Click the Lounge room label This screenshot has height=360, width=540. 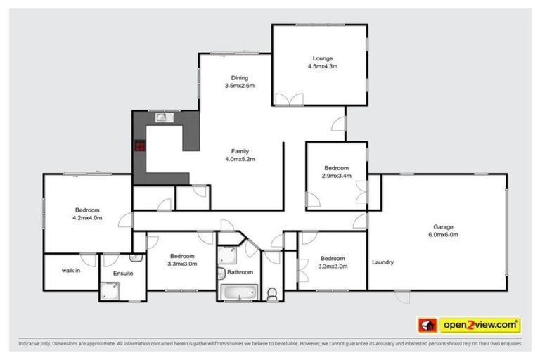pyautogui.click(x=323, y=58)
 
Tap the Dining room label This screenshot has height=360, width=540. pyautogui.click(x=239, y=78)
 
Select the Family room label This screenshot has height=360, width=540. pyautogui.click(x=240, y=151)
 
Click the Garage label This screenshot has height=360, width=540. pyautogui.click(x=444, y=227)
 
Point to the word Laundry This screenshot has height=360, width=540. pyautogui.click(x=382, y=263)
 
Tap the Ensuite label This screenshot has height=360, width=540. pyautogui.click(x=123, y=273)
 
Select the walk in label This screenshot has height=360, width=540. pyautogui.click(x=70, y=269)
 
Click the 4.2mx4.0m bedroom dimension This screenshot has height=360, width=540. pyautogui.click(x=87, y=219)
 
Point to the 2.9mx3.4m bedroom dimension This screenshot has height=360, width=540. pyautogui.click(x=336, y=176)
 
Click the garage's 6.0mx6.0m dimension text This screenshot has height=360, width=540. pyautogui.click(x=444, y=235)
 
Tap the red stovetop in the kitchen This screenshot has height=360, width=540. pyautogui.click(x=140, y=146)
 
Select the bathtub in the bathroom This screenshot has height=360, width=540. pyautogui.click(x=239, y=292)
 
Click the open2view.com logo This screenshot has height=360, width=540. pyautogui.click(x=480, y=325)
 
